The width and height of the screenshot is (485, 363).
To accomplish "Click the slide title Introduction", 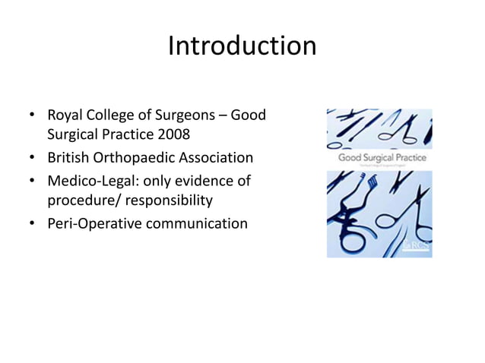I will point(242,46).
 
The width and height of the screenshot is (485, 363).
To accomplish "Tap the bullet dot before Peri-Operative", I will point(32,223).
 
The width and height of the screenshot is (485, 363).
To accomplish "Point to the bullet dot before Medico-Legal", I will point(32,181).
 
